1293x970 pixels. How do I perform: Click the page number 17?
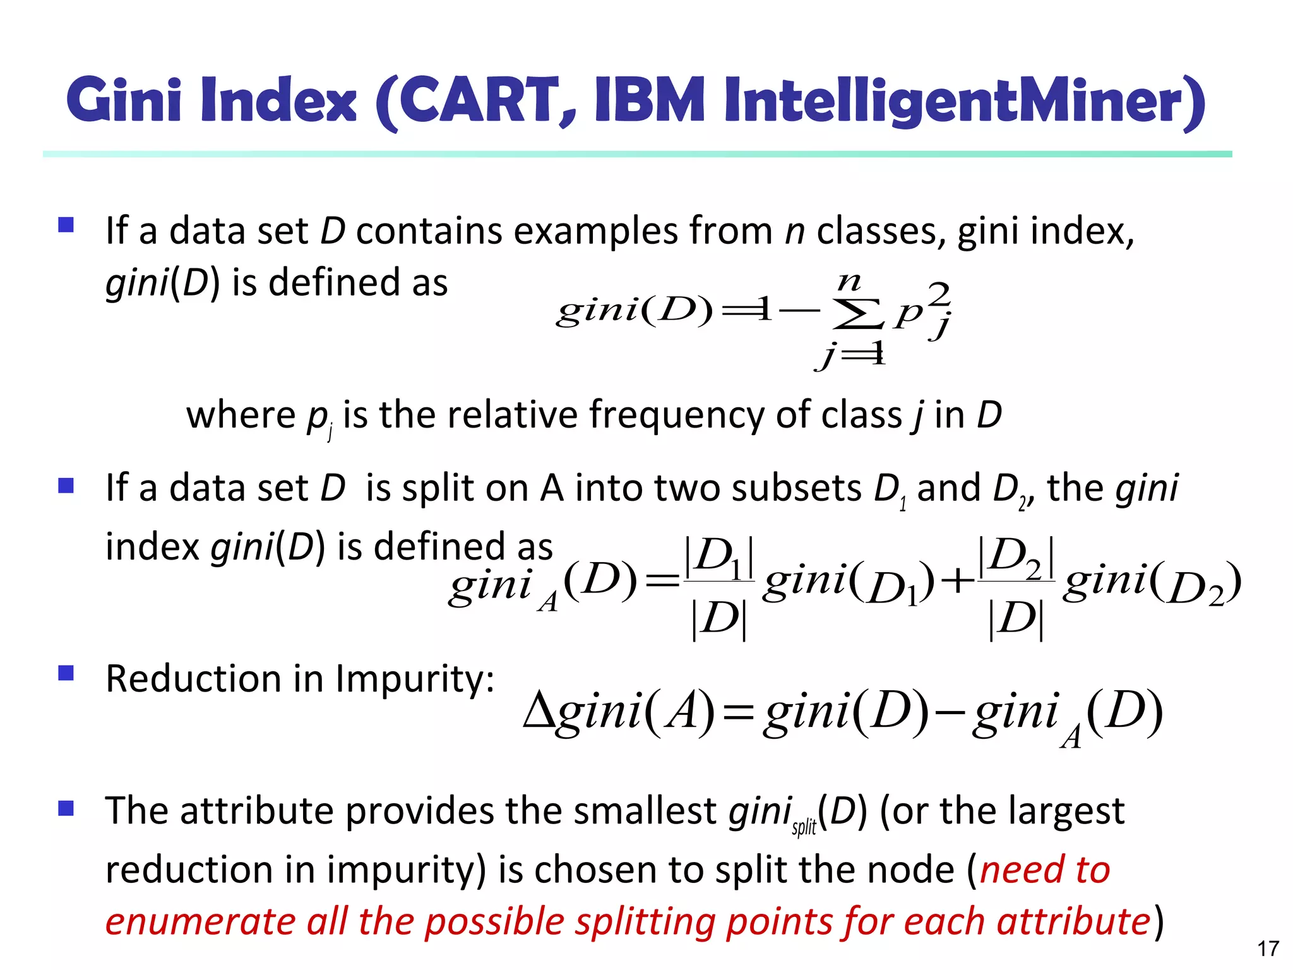pyautogui.click(x=1268, y=948)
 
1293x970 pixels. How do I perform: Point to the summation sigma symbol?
pyautogui.click(x=857, y=315)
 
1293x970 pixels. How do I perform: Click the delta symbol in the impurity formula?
pyautogui.click(x=539, y=711)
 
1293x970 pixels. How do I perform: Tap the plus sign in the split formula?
pyautogui.click(x=955, y=581)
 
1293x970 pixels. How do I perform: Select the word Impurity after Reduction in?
pyautogui.click(x=414, y=680)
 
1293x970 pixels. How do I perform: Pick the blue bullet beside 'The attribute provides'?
pyautogui.click(x=66, y=808)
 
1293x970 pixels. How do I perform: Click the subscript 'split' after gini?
pyautogui.click(x=804, y=827)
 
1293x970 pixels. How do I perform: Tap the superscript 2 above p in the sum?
pyautogui.click(x=939, y=293)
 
